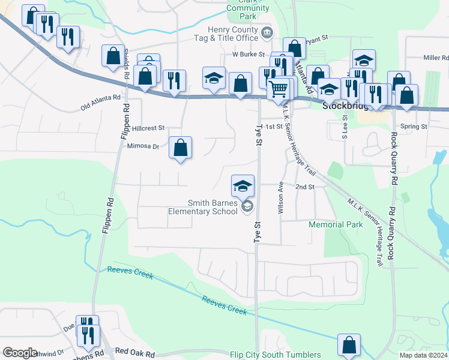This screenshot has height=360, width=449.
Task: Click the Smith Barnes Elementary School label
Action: pos(203,207)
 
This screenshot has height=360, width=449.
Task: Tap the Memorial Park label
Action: pos(336,225)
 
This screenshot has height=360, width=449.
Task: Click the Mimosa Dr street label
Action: pos(143,146)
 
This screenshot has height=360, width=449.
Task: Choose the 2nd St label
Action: pos(305,187)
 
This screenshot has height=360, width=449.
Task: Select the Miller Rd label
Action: pos(436,58)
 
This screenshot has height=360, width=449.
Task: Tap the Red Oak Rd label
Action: pos(134,352)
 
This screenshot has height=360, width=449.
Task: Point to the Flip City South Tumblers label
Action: pos(275,355)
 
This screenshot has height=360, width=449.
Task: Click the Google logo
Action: pos(20,352)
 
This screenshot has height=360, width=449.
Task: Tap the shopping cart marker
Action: pos(278,89)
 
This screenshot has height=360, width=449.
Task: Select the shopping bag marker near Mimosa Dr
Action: pos(180,148)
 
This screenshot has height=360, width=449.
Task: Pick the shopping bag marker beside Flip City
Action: pos(349,346)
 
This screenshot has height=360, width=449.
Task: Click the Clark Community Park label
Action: pos(248,7)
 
